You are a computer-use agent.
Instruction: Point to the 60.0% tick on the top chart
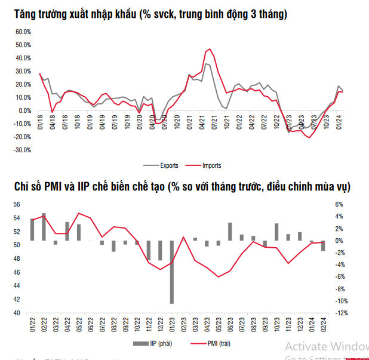[23, 32]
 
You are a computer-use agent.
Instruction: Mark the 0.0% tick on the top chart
[24, 110]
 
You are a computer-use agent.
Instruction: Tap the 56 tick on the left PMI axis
[17, 204]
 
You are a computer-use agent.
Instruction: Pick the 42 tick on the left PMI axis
[17, 300]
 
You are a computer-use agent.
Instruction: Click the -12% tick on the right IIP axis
[337, 313]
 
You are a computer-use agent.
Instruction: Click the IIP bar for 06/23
[230, 232]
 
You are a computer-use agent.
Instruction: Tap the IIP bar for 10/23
[276, 232]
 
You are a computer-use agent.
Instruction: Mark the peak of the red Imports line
[209, 49]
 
